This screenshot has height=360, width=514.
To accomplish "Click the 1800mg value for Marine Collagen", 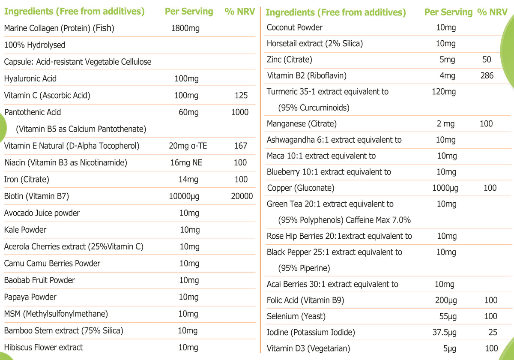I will (185, 29).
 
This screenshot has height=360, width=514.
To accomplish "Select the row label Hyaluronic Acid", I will (30, 78).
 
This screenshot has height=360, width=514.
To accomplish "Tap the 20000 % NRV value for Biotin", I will (241, 196).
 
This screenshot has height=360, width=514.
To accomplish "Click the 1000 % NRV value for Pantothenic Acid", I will (239, 112).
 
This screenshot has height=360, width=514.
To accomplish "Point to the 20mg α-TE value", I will (188, 146).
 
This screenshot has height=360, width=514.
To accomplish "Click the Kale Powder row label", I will (25, 230).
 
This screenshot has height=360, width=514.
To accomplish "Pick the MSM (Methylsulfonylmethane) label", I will (56, 314).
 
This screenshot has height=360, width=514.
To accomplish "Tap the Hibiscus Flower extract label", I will (43, 347).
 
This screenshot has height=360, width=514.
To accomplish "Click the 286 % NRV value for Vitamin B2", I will (487, 76).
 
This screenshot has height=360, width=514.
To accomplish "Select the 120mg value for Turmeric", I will (445, 92).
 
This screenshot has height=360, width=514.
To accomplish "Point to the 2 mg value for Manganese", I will (445, 124).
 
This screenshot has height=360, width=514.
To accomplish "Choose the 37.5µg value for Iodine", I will (446, 333).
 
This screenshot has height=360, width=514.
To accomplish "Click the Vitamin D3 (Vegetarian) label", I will (308, 348).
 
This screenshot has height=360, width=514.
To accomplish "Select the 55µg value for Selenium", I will (448, 317).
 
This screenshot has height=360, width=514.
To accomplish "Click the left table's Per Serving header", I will (188, 12).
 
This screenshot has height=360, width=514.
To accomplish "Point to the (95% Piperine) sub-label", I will (304, 268).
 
